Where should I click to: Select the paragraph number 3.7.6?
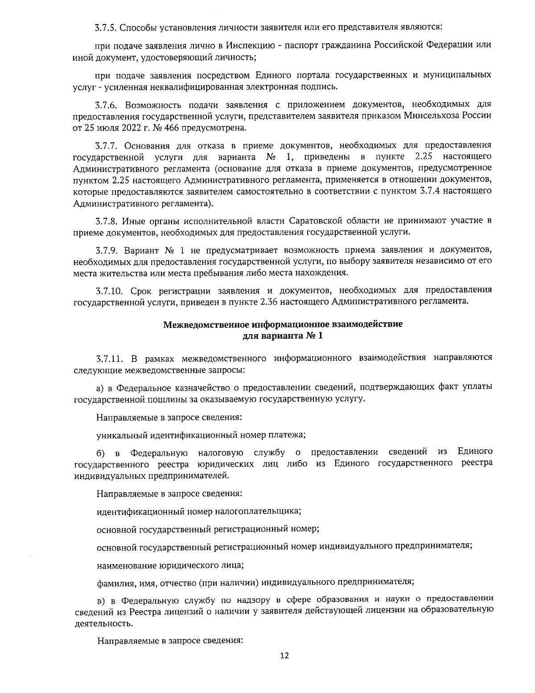106,105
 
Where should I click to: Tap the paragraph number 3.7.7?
106,145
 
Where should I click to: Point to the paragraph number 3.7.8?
106,221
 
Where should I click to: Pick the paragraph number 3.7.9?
106,249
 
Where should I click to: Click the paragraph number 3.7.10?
108,290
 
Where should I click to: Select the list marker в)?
101,599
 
